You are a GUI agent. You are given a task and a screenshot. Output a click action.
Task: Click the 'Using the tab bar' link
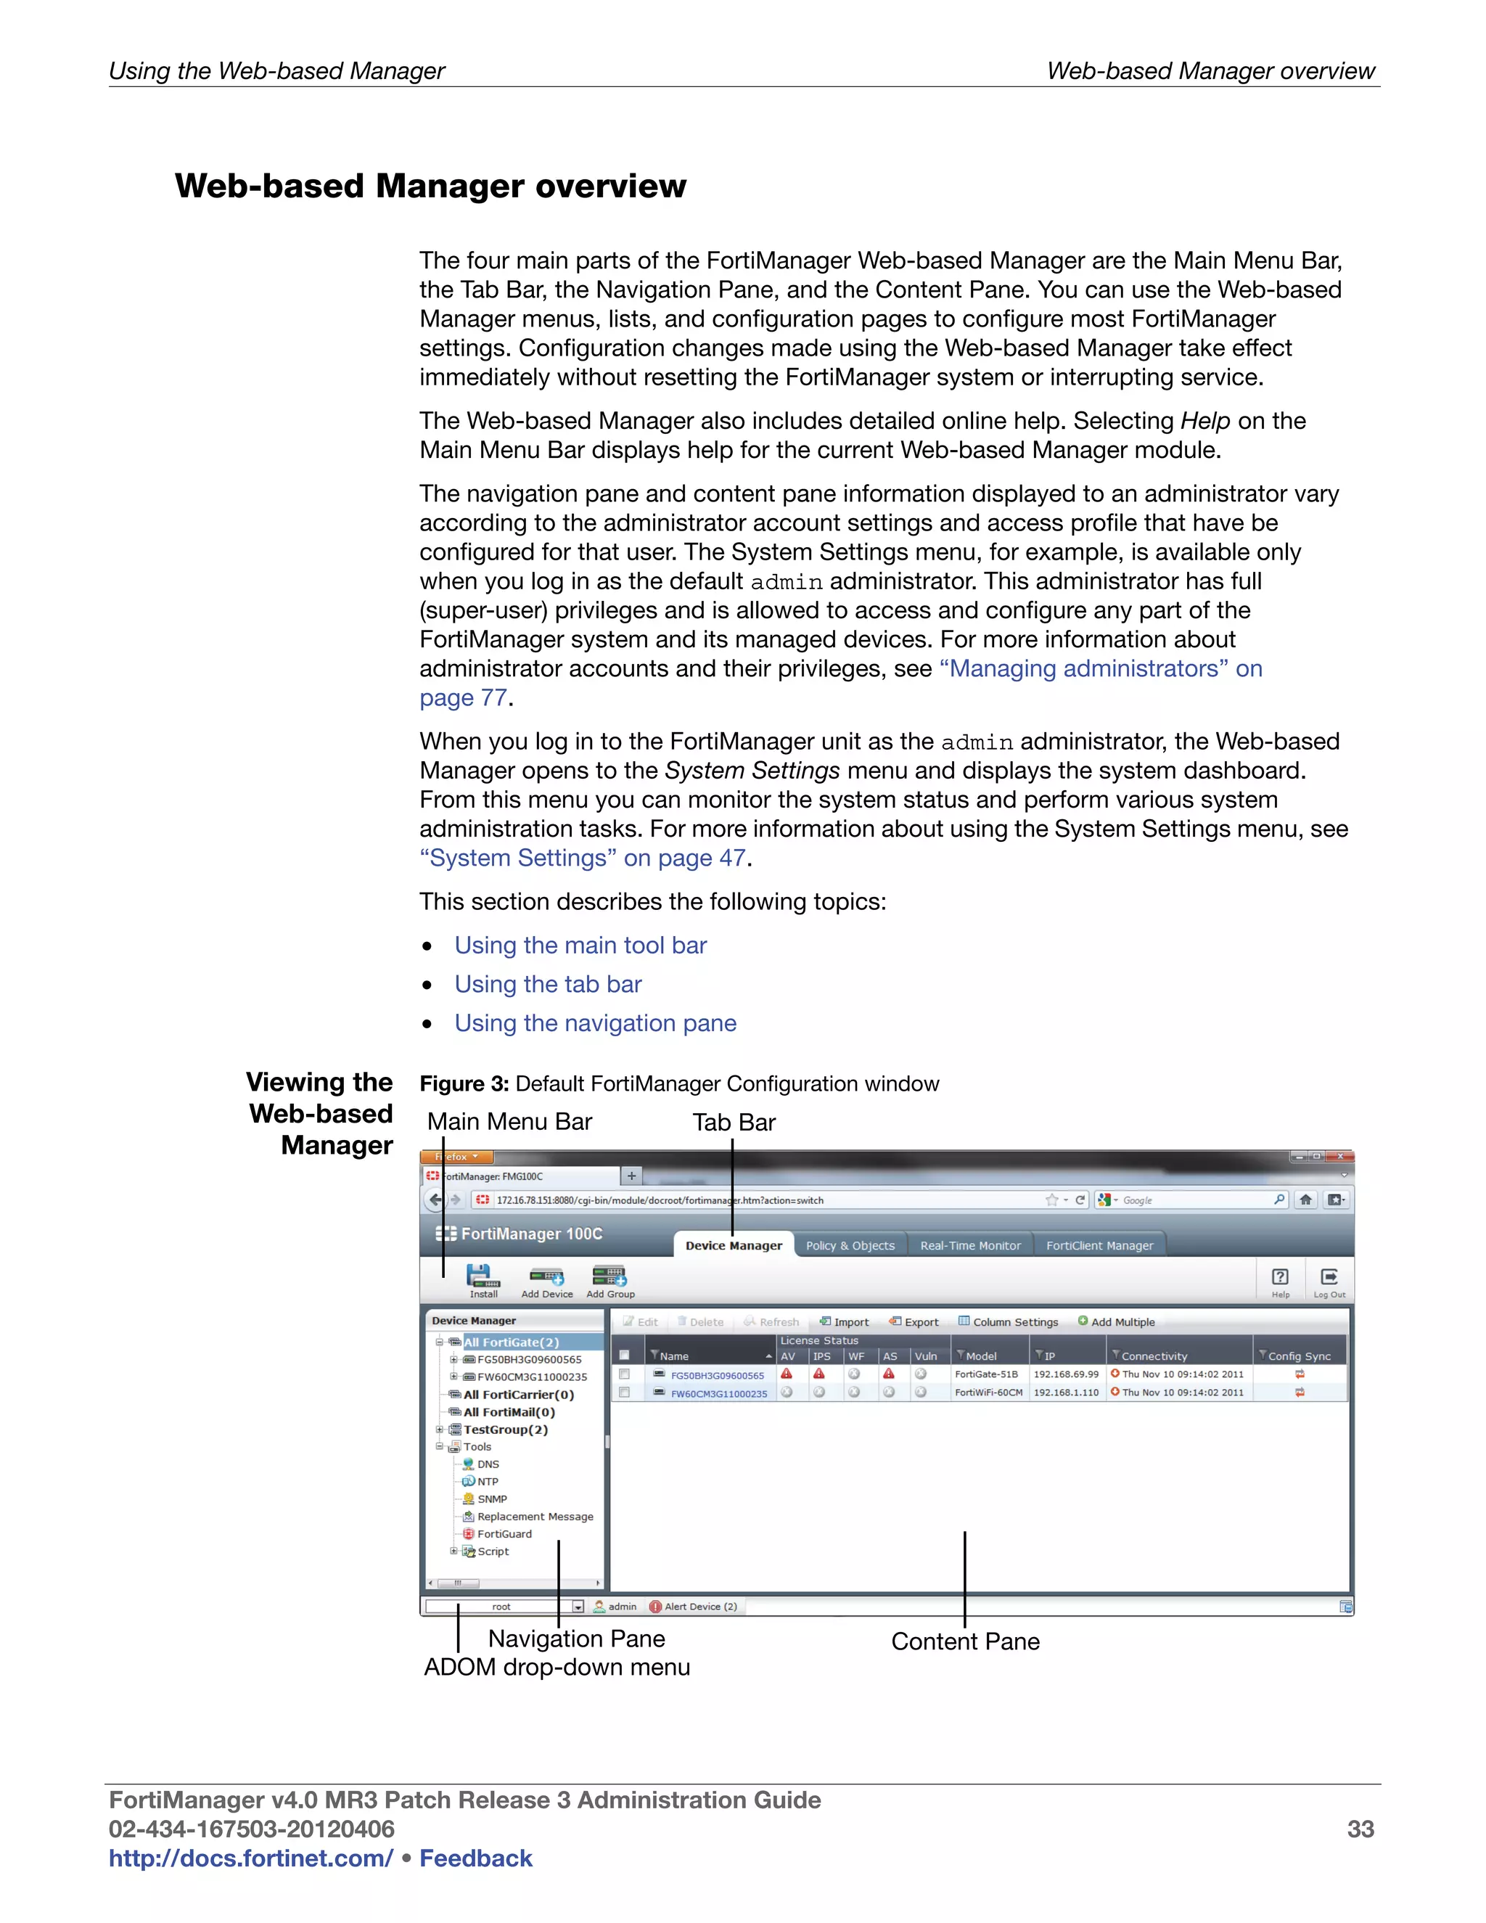pyautogui.click(x=548, y=985)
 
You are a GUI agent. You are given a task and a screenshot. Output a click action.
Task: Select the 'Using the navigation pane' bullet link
pyautogui.click(x=595, y=1023)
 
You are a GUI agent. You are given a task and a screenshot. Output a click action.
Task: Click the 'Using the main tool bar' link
pyautogui.click(x=580, y=946)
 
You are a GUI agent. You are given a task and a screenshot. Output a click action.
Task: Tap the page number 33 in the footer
pyautogui.click(x=1360, y=1829)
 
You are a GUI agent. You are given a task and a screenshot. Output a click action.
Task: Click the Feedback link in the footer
pyautogui.click(x=475, y=1858)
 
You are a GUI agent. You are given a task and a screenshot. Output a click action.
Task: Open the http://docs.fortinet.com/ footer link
pyautogui.click(x=251, y=1858)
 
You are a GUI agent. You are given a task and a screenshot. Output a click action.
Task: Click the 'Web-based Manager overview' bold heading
pyautogui.click(x=430, y=186)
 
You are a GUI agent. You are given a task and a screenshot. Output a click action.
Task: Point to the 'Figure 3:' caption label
pyautogui.click(x=464, y=1084)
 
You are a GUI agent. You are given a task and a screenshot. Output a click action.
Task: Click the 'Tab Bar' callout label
pyautogui.click(x=734, y=1123)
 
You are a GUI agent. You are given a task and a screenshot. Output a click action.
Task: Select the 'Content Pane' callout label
pyautogui.click(x=965, y=1641)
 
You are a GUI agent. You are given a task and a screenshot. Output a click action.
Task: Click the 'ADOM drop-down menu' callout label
pyautogui.click(x=557, y=1667)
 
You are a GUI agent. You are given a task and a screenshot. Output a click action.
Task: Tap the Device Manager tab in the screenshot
pyautogui.click(x=734, y=1245)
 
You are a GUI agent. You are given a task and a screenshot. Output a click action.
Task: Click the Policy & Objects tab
pyautogui.click(x=850, y=1245)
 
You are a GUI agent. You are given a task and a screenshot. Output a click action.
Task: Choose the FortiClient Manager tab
pyautogui.click(x=1099, y=1245)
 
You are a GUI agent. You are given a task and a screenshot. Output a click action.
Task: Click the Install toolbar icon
pyautogui.click(x=483, y=1279)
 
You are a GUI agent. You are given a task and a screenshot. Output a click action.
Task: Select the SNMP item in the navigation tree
pyautogui.click(x=491, y=1498)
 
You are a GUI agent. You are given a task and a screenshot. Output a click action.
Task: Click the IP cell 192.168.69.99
pyautogui.click(x=1065, y=1374)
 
